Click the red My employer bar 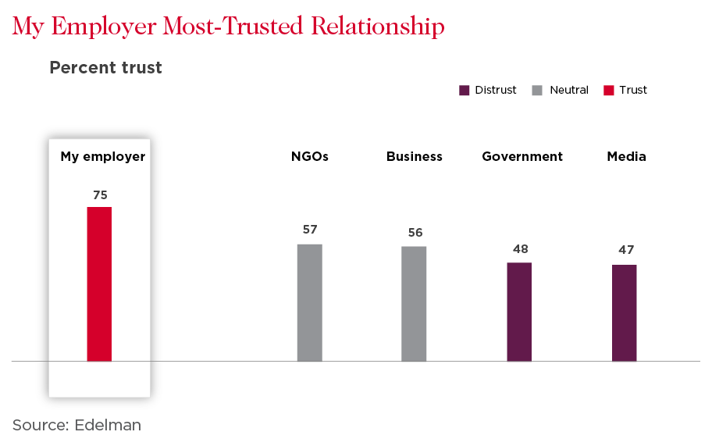[x=99, y=284]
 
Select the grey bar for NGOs [x=310, y=303]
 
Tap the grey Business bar [x=414, y=304]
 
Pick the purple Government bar [x=519, y=312]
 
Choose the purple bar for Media [x=624, y=313]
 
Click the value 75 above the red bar [x=99, y=195]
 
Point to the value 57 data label [x=310, y=230]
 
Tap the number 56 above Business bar [x=415, y=232]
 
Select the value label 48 [x=520, y=249]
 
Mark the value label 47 [x=625, y=250]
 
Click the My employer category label [x=103, y=156]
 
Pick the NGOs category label [x=310, y=156]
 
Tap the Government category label [x=522, y=156]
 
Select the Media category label [x=627, y=156]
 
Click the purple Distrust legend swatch [x=464, y=90]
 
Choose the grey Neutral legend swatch [x=537, y=90]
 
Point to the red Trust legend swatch [x=608, y=90]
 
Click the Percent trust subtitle [x=105, y=68]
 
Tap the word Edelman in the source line [x=109, y=425]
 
